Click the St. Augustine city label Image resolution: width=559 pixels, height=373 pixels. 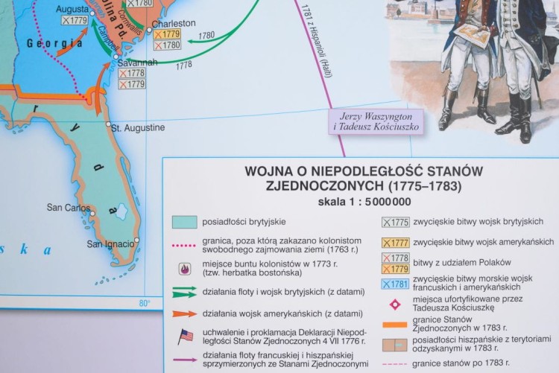point(138,127)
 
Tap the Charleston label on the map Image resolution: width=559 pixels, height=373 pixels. point(173,24)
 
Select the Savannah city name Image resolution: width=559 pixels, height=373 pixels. point(137,63)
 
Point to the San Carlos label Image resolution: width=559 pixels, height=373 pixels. point(68,208)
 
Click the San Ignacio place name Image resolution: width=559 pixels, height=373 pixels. point(110,243)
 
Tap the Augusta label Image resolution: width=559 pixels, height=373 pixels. point(72,9)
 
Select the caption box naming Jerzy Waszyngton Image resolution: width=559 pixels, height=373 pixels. point(376,121)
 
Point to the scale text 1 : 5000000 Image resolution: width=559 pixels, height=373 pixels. point(364,202)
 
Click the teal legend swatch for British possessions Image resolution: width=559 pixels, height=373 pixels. point(184,222)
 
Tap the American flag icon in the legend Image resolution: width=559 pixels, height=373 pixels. point(186,337)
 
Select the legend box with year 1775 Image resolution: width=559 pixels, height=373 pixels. point(395,222)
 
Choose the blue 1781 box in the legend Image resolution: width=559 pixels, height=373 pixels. point(395,284)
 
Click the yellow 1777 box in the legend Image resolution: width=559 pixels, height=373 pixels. point(395,243)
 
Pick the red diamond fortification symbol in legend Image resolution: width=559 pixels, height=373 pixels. point(395,305)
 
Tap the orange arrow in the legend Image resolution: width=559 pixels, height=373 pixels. point(185,313)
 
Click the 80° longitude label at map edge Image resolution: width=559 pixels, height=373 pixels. point(144,302)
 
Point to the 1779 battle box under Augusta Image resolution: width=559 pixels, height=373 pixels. point(75,21)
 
